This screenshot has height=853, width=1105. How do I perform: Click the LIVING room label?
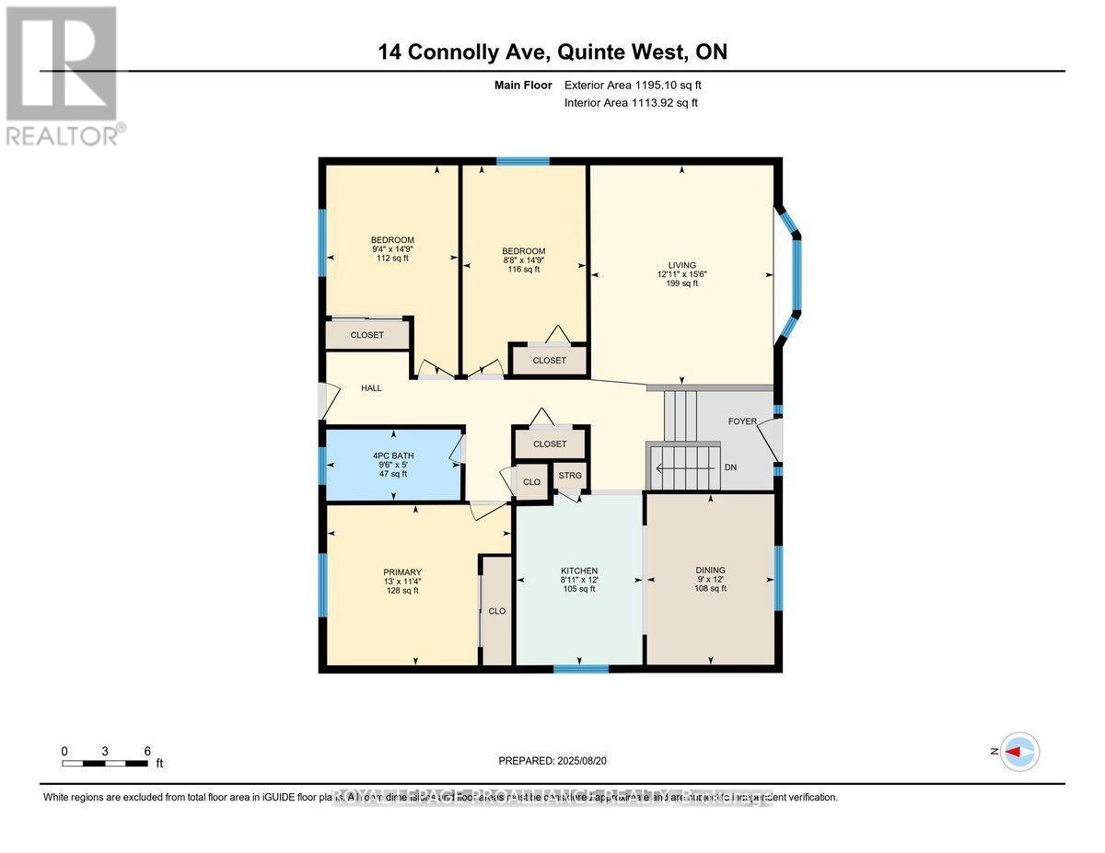[x=682, y=265]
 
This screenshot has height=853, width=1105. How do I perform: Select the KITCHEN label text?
[x=579, y=571]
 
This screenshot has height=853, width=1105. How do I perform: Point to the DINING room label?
[x=710, y=571]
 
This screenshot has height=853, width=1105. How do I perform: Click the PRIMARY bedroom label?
[x=402, y=571]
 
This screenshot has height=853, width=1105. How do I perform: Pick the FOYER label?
[x=742, y=421]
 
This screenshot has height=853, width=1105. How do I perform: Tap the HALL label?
[x=371, y=388]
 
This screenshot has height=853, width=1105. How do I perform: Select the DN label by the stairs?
[x=730, y=467]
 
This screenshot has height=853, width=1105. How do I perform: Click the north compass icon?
[x=1019, y=752]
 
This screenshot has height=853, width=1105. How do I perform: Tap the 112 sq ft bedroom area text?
[x=392, y=259]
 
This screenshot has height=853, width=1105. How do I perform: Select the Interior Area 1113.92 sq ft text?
[x=631, y=102]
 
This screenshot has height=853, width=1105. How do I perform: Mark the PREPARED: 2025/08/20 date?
[x=552, y=761]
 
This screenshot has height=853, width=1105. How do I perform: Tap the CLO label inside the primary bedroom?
[x=496, y=610]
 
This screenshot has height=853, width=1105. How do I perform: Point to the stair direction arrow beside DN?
[x=686, y=467]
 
